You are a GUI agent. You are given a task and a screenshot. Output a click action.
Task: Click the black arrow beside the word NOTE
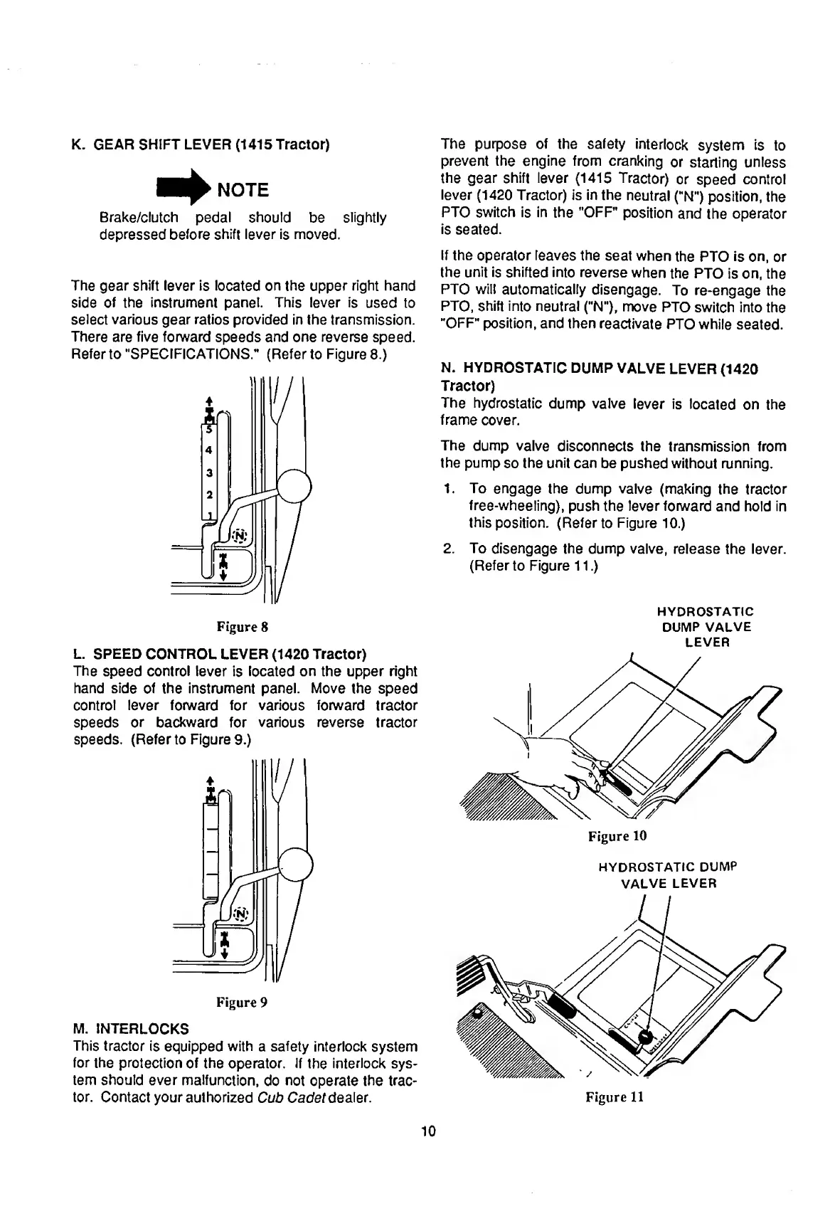tap(184, 187)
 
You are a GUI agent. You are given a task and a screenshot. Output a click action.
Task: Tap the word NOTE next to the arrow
tap(242, 190)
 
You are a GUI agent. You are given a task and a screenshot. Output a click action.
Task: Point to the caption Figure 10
tap(617, 835)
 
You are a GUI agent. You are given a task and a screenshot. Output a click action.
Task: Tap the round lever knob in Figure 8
tap(294, 488)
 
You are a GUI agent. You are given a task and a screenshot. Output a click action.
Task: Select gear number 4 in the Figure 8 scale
tap(209, 450)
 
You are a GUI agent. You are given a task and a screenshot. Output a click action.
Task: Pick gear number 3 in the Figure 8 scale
tap(209, 472)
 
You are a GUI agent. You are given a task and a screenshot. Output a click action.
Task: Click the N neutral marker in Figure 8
tap(240, 534)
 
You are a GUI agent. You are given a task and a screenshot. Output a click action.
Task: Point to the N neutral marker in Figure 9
tap(240, 913)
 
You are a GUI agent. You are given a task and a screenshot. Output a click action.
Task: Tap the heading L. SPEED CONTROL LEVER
tap(220, 653)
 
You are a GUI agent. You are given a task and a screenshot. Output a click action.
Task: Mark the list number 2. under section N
tap(448, 549)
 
